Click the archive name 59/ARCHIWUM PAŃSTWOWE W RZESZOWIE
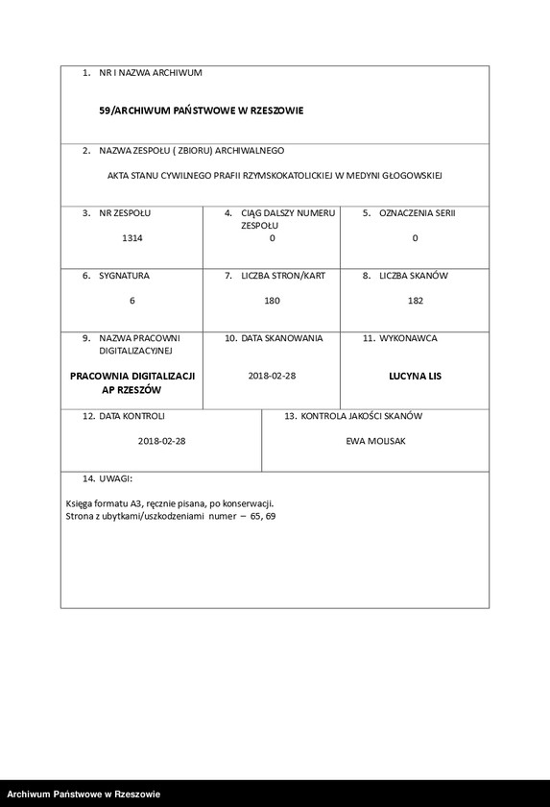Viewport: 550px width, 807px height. coord(201,110)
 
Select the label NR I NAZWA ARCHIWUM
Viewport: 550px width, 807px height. coord(150,73)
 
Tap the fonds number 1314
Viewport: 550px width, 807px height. coord(132,237)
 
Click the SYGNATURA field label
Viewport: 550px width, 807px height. coord(125,276)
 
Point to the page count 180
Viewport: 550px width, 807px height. coord(272,301)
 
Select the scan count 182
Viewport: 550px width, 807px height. coord(416,301)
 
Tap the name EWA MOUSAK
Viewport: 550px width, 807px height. coord(375,441)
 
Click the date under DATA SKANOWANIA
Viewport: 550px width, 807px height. coord(272,376)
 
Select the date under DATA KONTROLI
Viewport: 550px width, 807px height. coord(161,441)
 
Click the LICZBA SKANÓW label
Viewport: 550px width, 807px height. coord(413,276)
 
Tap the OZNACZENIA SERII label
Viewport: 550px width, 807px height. coord(416,212)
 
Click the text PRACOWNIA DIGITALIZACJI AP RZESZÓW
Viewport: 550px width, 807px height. coord(132,383)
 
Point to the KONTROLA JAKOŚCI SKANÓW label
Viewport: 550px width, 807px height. coord(361,416)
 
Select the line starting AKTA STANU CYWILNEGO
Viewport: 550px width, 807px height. coord(275,177)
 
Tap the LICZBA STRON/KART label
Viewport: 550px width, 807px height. coord(282,276)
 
